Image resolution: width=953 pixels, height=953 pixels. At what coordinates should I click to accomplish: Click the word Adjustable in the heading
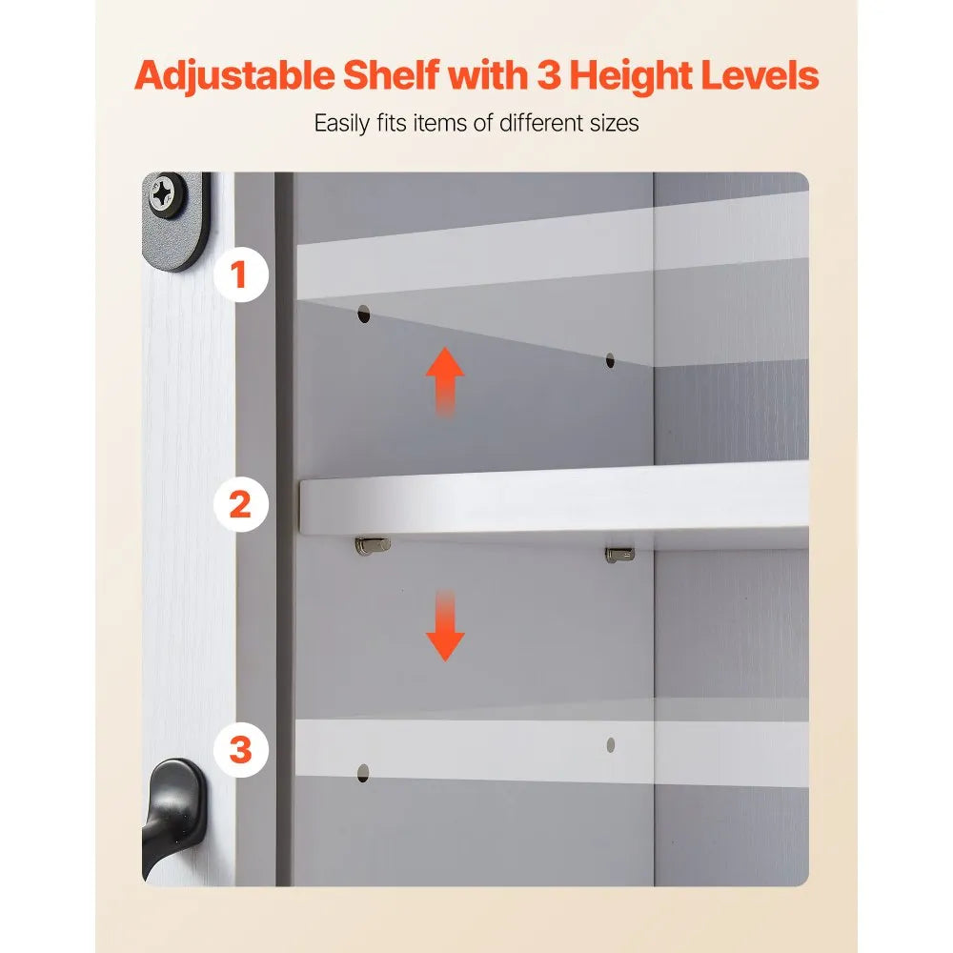click(234, 76)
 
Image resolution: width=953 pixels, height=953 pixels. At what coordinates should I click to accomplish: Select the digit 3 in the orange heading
click(548, 75)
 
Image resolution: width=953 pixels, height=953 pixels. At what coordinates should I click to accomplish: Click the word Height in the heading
click(631, 76)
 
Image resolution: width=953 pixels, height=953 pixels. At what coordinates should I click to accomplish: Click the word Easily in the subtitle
click(341, 123)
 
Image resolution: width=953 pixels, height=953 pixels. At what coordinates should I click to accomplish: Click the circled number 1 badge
click(241, 274)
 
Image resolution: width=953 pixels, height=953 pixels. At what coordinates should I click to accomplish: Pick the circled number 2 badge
click(241, 504)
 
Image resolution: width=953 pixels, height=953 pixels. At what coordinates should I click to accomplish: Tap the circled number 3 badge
click(241, 749)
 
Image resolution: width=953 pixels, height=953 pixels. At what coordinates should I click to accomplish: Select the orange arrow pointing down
click(445, 625)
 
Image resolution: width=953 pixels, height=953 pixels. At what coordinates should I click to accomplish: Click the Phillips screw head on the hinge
click(163, 193)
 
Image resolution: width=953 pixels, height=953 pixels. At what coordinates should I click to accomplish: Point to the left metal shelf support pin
click(372, 545)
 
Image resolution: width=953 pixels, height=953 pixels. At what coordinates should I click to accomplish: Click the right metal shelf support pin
click(619, 555)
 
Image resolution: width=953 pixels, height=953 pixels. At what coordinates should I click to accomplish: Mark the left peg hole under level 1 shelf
click(363, 314)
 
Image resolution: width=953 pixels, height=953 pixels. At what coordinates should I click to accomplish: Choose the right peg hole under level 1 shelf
click(610, 361)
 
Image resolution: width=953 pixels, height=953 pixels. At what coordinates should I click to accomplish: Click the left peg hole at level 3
click(363, 773)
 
